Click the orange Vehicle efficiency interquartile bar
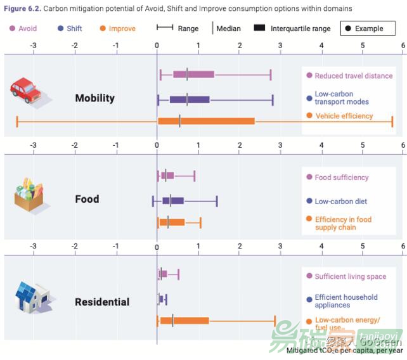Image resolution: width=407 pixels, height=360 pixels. [206, 120]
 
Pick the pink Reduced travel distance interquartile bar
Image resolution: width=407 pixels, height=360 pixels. [193, 75]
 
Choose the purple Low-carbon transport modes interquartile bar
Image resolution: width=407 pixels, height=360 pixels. [190, 99]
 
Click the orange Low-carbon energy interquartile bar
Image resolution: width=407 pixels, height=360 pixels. [183, 321]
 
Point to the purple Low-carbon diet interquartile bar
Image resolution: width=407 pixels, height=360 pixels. [173, 201]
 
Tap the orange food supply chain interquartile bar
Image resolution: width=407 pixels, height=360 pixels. [172, 222]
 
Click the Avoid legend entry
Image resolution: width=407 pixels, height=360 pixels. [23, 29]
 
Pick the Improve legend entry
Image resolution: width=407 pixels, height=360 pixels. [117, 29]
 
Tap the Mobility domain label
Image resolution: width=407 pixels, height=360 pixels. [94, 98]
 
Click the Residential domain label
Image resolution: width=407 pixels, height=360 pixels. [102, 302]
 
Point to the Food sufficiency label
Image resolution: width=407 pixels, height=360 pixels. [341, 177]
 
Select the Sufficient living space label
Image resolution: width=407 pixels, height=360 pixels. [350, 276]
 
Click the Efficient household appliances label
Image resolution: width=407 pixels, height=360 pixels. [346, 301]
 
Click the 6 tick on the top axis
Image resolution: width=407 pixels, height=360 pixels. [403, 46]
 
